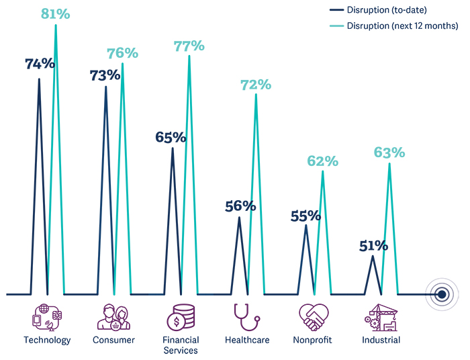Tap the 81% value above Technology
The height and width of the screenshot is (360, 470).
pos(56,13)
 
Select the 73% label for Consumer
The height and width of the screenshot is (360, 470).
pos(105,75)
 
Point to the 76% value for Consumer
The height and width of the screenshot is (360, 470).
pos(122,53)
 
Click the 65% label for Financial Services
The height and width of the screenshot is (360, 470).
pos(171,137)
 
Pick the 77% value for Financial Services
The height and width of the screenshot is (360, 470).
pos(189,46)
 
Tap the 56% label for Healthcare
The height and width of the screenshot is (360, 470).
pos(240,206)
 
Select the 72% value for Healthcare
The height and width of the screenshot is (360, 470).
pos(256,85)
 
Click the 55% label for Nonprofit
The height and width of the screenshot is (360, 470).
pos(306,216)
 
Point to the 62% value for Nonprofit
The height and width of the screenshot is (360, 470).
pos(323,161)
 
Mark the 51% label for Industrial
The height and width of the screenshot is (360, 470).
pos(373,246)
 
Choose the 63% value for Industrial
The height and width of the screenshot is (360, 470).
pos(389,153)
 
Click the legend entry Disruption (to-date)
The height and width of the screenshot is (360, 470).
pos(385,10)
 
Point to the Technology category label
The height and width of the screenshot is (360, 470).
pos(47,340)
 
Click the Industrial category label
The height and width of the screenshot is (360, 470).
pos(381,340)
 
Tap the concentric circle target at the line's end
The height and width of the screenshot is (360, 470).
pos(441,294)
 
